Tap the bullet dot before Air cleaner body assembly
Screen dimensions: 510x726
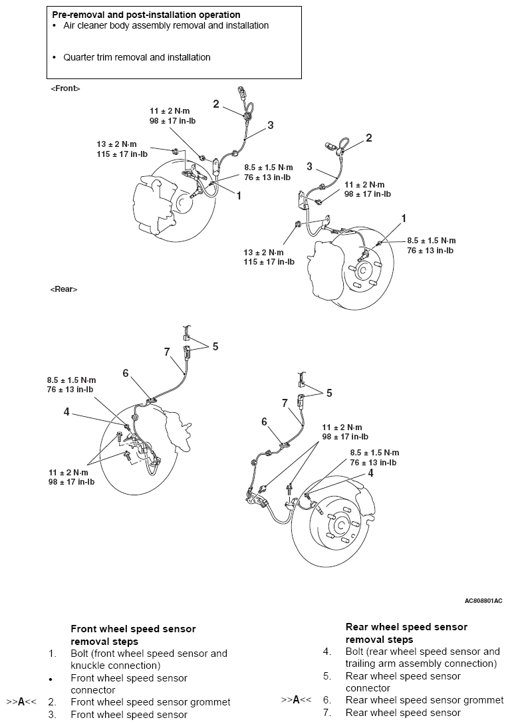point(55,25)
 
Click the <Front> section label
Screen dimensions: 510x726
point(65,88)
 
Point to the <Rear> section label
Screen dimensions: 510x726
point(64,289)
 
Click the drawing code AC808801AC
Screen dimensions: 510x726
point(483,601)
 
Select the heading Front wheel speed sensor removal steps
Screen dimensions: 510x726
point(133,635)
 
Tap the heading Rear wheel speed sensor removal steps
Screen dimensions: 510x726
point(406,633)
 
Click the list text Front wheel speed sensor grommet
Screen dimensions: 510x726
point(150,702)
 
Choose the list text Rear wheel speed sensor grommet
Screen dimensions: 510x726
point(424,700)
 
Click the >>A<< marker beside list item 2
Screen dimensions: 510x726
point(21,702)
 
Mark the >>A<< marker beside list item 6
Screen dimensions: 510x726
point(296,699)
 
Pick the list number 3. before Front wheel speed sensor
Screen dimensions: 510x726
point(53,715)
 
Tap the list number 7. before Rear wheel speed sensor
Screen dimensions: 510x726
point(327,713)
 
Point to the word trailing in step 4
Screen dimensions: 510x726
point(361,664)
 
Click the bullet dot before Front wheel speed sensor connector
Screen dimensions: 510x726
point(51,679)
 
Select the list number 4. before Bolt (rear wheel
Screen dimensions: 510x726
point(327,652)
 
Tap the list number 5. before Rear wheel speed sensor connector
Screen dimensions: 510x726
point(327,676)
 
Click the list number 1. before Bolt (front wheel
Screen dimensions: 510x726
point(53,654)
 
